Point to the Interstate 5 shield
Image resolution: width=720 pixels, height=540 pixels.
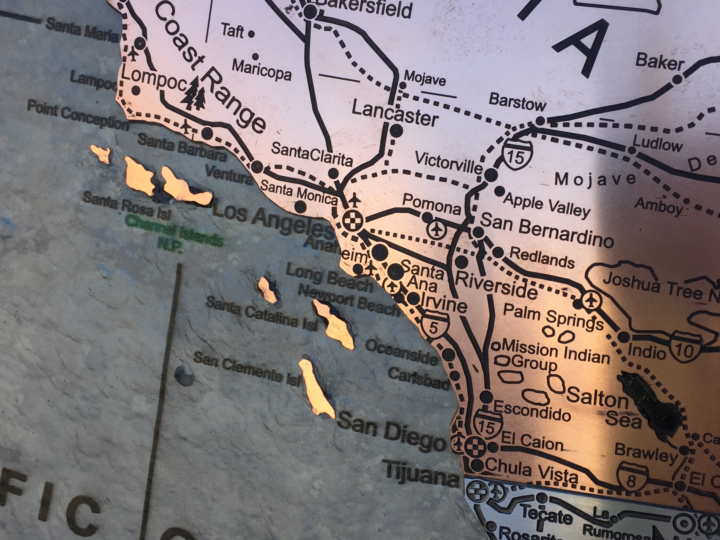click(x=433, y=326)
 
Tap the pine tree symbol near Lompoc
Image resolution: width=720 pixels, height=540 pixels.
click(x=195, y=94)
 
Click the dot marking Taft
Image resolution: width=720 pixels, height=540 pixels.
click(x=251, y=34)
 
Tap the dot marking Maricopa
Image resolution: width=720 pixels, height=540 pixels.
click(x=255, y=57)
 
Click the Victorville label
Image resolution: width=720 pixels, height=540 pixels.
click(x=448, y=163)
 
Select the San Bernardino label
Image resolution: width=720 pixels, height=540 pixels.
click(x=547, y=231)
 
